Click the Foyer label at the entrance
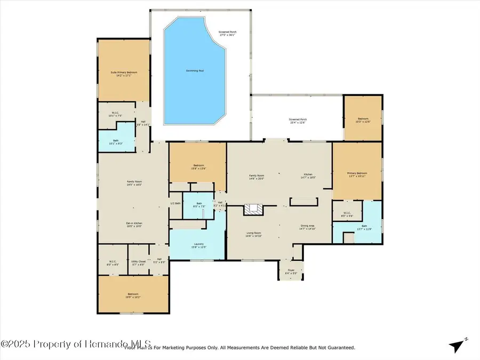coord(291,271)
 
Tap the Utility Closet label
coord(138,262)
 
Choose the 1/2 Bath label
coord(174,203)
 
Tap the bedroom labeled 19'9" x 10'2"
coord(133,295)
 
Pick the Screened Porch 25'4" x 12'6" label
coord(298,121)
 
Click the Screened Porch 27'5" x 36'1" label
coord(227,34)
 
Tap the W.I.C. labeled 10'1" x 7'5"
coord(115,114)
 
